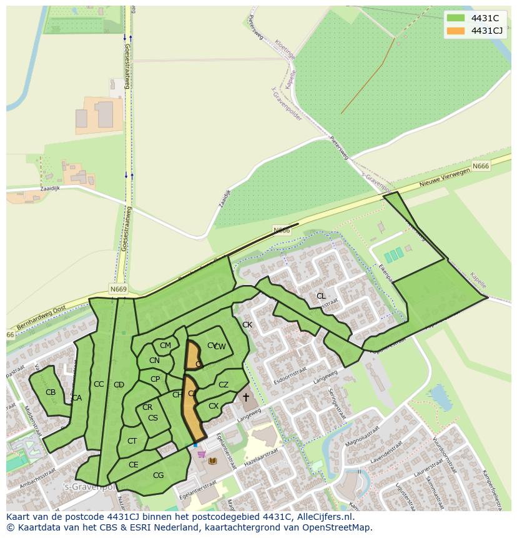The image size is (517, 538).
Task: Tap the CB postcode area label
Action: pos(51,392)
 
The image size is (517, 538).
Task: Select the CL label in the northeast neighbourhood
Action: pos(321,296)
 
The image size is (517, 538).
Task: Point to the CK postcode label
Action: pos(247,325)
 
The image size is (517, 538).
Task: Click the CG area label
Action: pos(158,476)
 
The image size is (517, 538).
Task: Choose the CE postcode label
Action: pos(133,465)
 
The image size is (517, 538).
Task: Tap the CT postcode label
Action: pos(132,441)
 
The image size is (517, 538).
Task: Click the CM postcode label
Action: pos(165,346)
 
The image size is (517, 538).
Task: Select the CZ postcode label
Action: pos(224,385)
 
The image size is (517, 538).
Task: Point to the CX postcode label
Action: pos(214,406)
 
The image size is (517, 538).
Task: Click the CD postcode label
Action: pos(119,385)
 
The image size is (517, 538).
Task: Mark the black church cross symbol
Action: pos(246,397)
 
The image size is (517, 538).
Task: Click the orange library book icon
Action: pos(212,461)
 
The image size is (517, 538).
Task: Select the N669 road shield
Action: pos(118,289)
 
